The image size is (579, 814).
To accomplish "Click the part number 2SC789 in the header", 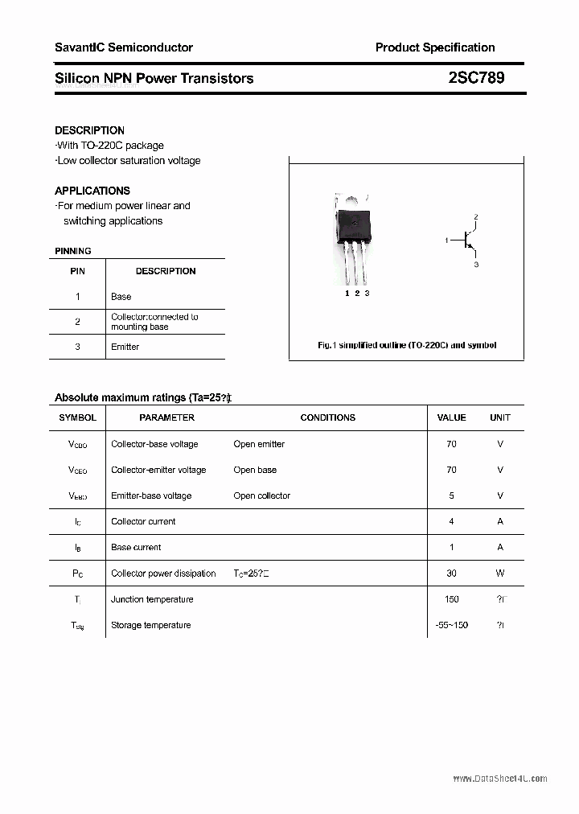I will tap(477, 78).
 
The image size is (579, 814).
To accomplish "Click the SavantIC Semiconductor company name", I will tap(124, 47).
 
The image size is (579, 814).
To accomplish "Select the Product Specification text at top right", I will tap(435, 47).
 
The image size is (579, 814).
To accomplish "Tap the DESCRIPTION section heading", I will tap(89, 130).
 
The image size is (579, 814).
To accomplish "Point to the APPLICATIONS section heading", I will tap(92, 191).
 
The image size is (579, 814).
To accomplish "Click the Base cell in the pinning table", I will tap(121, 297).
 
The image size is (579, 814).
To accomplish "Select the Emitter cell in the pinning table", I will tap(125, 347).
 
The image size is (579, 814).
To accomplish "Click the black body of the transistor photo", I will tap(355, 224).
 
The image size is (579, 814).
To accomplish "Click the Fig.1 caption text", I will tap(407, 345).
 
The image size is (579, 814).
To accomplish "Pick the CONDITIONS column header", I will tap(327, 417).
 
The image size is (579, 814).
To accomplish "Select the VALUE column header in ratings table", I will tap(451, 417).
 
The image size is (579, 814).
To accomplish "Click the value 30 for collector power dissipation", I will tap(451, 573).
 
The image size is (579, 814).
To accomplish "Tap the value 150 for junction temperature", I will tap(451, 599).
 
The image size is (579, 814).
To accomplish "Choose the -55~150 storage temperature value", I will tap(451, 625).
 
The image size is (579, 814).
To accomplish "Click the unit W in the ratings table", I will tap(500, 573).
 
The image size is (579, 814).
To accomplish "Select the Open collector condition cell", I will tap(262, 495).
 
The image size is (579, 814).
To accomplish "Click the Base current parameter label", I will tap(136, 547).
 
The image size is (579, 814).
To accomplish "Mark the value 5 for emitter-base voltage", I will tap(451, 495).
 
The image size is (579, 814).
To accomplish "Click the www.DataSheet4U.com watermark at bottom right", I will tap(500, 779).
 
